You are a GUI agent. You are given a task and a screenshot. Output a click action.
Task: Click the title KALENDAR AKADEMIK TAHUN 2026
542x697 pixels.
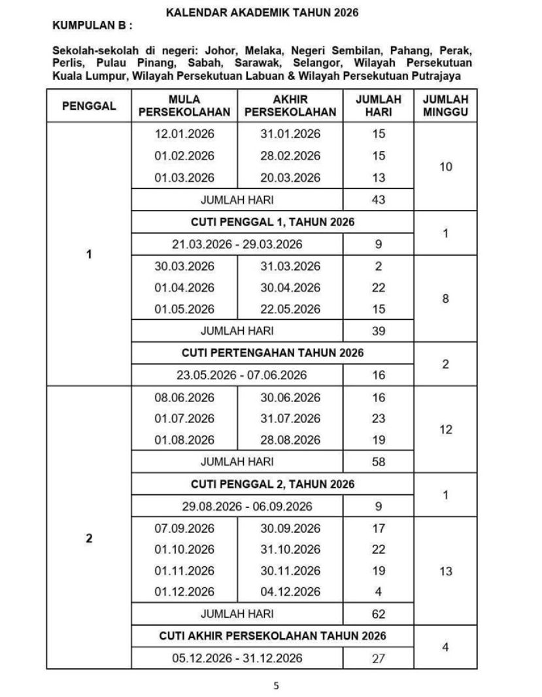[262, 12]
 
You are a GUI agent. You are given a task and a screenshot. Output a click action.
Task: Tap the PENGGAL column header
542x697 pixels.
[89, 106]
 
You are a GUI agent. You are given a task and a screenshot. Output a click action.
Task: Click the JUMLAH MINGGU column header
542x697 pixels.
[445, 106]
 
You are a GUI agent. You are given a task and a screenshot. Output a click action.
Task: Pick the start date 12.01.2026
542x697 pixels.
[184, 134]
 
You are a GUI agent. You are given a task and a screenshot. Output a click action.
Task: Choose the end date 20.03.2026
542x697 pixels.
[290, 178]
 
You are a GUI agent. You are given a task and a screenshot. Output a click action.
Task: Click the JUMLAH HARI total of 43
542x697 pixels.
[379, 200]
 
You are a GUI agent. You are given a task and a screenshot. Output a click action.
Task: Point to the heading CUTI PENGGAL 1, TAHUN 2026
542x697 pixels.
[273, 222]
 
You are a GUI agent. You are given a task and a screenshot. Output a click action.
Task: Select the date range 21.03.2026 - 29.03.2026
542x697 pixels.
[237, 245]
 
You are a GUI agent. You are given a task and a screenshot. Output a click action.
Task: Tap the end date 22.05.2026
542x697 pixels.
[290, 309]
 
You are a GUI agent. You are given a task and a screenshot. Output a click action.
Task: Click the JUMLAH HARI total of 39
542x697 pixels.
[379, 331]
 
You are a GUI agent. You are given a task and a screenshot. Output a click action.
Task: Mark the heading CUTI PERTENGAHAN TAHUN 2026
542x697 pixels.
[273, 353]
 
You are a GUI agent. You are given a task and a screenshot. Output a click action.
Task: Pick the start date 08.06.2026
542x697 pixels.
[184, 398]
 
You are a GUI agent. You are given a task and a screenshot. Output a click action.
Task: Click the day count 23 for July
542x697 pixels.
[379, 418]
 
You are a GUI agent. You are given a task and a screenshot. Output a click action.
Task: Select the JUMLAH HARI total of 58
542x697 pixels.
[379, 462]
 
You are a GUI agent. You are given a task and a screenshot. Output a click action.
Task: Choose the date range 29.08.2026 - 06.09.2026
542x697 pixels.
[237, 507]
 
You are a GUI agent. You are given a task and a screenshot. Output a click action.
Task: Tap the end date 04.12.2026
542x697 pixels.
[290, 592]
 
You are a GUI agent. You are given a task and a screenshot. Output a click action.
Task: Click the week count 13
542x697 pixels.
[445, 571]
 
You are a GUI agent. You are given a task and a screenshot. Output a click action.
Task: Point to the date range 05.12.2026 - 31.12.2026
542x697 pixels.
[237, 658]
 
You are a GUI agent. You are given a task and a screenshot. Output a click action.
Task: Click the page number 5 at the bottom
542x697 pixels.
[276, 686]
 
